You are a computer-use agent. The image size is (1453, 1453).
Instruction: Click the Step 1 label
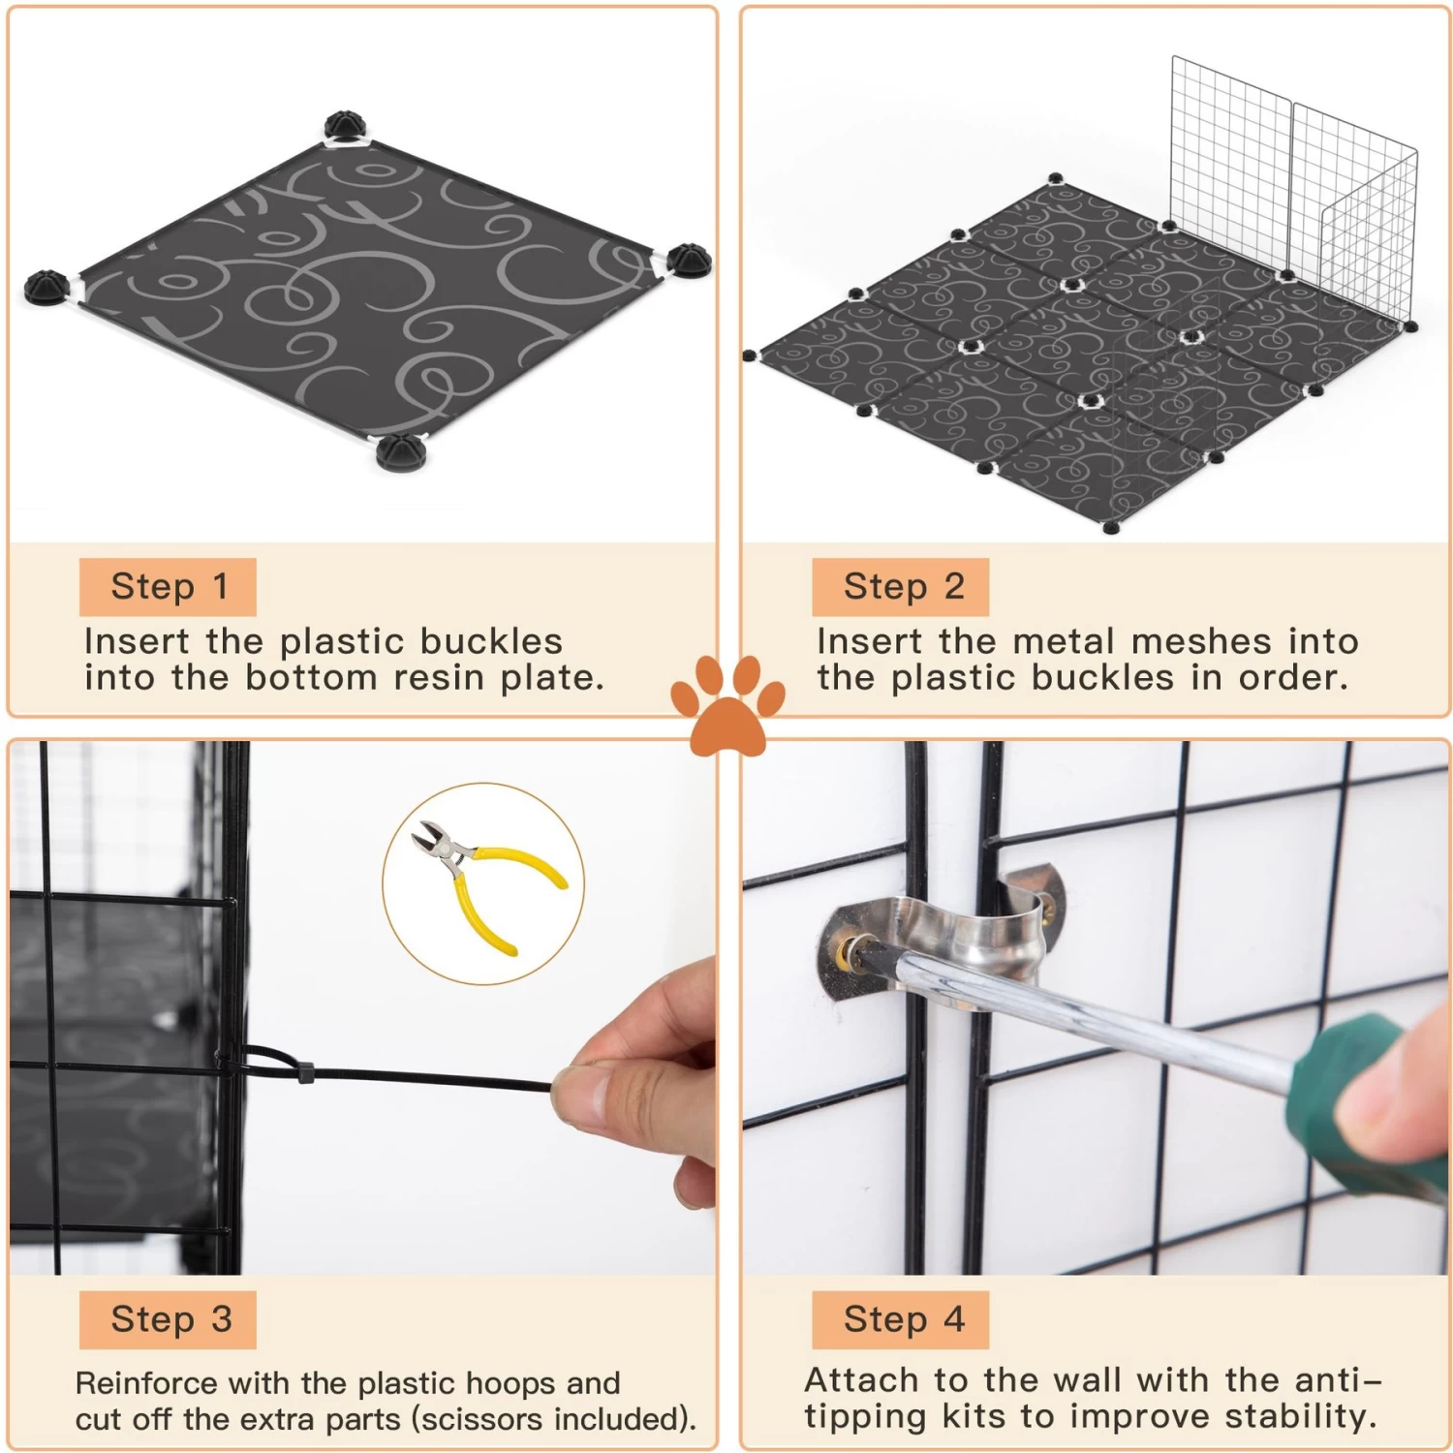pos(169,586)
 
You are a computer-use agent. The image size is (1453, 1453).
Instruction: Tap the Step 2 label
pos(901,586)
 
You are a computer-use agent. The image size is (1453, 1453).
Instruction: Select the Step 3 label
pos(169,1319)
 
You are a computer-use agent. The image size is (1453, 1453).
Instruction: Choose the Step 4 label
pos(901,1319)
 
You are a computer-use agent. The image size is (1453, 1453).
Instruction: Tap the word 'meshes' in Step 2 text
pos(1201,641)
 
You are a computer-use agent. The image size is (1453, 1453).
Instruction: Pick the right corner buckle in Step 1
pos(688,261)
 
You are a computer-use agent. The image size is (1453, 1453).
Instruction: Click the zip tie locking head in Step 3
pos(306,1073)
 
